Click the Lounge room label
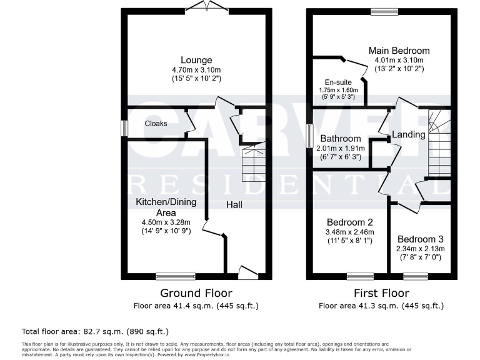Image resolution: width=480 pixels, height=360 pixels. click(196, 60)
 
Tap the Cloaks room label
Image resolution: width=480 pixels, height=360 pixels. click(156, 124)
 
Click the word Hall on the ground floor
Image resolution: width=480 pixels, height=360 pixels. click(234, 204)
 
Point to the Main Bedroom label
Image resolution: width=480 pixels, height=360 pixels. click(399, 51)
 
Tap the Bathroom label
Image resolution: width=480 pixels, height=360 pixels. click(340, 138)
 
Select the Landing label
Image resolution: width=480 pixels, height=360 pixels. click(408, 134)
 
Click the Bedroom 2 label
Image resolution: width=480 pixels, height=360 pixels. click(350, 222)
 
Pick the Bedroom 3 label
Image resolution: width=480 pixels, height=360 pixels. click(420, 239)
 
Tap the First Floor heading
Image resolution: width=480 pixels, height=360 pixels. click(381, 293)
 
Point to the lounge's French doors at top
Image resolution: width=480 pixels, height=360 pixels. click(200, 7)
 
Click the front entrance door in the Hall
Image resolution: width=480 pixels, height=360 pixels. click(248, 272)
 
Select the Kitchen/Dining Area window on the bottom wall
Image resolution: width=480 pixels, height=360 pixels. click(175, 276)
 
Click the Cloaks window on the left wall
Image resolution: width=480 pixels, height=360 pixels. click(124, 128)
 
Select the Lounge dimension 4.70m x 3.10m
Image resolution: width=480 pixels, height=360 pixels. click(196, 70)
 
